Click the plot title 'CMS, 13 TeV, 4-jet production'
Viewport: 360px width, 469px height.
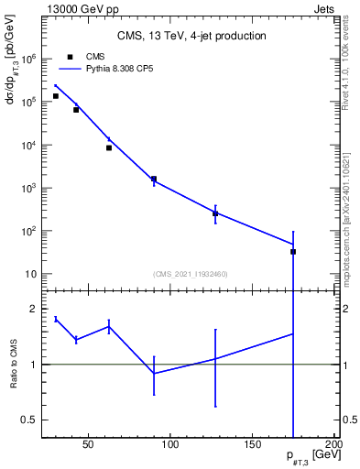(191, 37)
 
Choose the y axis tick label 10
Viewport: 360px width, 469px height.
(29, 274)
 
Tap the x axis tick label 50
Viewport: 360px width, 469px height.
(89, 445)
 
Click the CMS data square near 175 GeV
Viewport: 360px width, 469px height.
(293, 252)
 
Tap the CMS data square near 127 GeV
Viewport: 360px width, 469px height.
(215, 213)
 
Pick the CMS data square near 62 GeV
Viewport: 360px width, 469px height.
(109, 147)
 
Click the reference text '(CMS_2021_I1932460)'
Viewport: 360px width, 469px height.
(191, 274)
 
